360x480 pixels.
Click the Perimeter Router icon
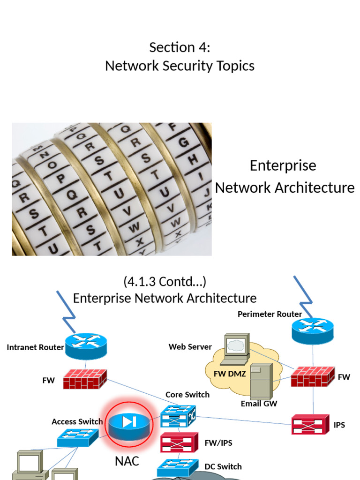[x=313, y=330]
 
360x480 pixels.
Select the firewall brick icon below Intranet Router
[x=85, y=379]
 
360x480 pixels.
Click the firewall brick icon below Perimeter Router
[x=313, y=376]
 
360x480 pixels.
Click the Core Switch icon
[x=178, y=416]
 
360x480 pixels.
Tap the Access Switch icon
[x=78, y=437]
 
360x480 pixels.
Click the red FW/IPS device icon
[x=178, y=442]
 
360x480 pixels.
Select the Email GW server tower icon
[x=261, y=381]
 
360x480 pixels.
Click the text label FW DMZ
[x=230, y=374]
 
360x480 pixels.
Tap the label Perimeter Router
[x=270, y=314]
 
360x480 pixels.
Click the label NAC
[x=127, y=461]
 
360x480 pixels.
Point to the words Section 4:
[x=180, y=47]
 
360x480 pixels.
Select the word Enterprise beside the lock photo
[x=283, y=165]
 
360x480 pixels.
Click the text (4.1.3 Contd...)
[x=165, y=282]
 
